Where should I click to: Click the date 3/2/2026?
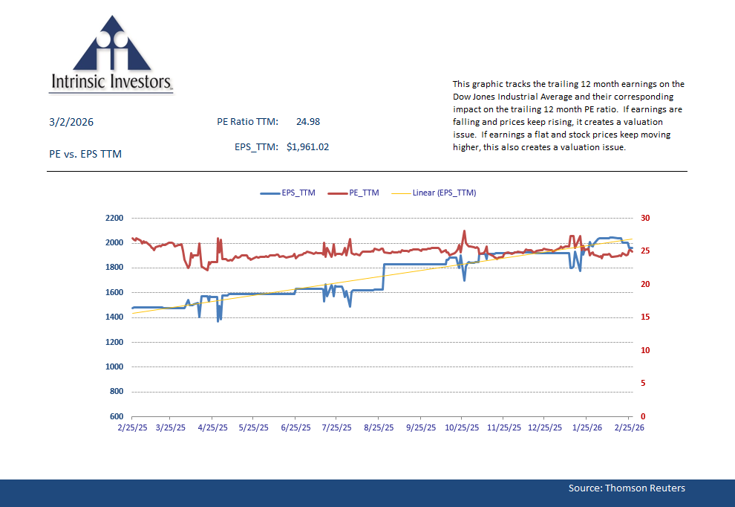[71, 122]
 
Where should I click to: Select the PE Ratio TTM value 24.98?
[307, 122]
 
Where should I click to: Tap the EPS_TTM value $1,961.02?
[307, 147]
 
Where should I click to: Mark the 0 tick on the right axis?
[643, 417]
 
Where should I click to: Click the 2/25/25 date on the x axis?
[132, 428]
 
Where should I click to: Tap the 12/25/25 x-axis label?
[546, 428]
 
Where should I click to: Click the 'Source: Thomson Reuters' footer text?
[627, 488]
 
